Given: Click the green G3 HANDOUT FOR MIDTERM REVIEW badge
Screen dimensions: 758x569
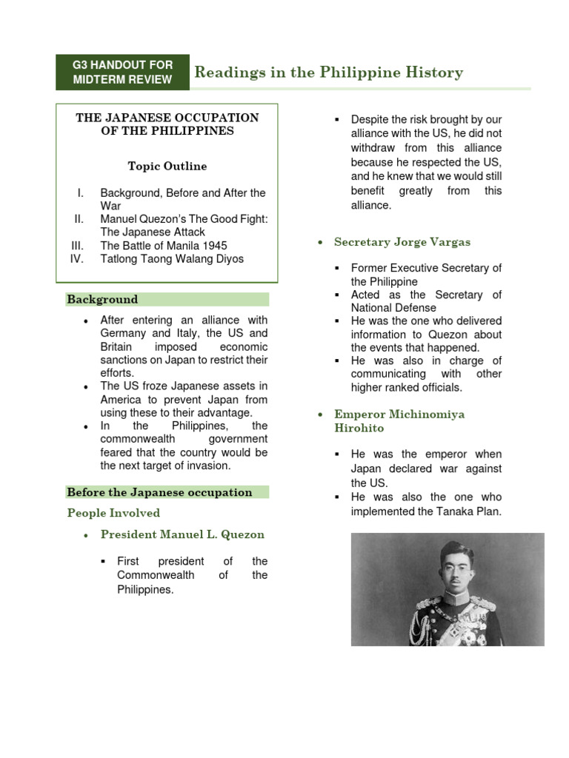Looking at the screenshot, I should pyautogui.click(x=122, y=73).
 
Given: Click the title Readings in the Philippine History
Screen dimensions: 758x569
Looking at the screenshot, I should pyautogui.click(x=328, y=73).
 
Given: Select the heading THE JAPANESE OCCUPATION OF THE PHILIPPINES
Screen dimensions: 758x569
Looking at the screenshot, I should pyautogui.click(x=167, y=124).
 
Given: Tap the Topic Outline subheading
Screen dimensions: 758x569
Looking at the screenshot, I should pyautogui.click(x=167, y=167).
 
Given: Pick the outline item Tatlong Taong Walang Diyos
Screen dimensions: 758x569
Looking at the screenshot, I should pyautogui.click(x=172, y=259).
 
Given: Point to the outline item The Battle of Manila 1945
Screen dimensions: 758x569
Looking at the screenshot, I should pyautogui.click(x=164, y=246).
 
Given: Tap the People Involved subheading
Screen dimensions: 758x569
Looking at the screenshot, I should pyautogui.click(x=113, y=513).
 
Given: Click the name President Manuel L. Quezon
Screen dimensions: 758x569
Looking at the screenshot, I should pyautogui.click(x=182, y=534).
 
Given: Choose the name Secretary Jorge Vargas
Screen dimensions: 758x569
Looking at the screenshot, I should pyautogui.click(x=402, y=242).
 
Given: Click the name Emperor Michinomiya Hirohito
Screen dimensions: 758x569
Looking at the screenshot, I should pyautogui.click(x=399, y=421).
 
